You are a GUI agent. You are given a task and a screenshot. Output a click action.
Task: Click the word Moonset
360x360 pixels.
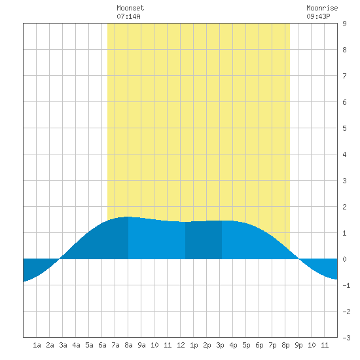point(130,8)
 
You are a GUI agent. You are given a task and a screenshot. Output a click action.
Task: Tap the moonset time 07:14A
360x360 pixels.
point(128,16)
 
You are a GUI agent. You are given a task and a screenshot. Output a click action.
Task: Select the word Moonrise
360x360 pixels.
point(322,8)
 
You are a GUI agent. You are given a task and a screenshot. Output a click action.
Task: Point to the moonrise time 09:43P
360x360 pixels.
point(318,16)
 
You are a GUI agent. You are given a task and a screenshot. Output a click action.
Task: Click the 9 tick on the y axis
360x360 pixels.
point(344,24)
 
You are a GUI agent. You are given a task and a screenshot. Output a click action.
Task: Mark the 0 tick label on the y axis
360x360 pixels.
point(344,259)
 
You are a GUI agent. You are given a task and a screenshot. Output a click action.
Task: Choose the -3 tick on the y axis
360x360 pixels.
point(346,338)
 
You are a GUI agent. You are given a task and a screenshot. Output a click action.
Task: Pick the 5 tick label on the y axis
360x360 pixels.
point(344,128)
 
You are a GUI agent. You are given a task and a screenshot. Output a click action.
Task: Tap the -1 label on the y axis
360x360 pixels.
point(346,285)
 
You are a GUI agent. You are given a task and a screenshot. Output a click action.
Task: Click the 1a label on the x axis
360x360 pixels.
point(37,345)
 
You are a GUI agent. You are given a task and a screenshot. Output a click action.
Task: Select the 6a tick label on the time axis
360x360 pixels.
point(102,345)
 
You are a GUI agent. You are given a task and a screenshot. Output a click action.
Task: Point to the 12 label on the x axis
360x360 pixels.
point(181,345)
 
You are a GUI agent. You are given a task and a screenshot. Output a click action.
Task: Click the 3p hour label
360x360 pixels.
point(220,345)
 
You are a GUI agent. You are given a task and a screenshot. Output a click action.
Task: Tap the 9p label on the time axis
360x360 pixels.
point(298,345)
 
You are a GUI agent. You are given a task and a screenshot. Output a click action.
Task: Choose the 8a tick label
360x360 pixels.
point(128,345)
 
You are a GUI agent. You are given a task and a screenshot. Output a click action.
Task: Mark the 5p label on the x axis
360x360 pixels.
point(246,345)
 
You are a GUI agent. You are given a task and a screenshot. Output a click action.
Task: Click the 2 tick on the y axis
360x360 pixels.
point(344,207)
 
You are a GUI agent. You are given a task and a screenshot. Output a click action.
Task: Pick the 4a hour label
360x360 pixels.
point(76,345)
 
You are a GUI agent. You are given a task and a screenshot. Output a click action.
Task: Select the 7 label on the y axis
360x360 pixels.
point(344,76)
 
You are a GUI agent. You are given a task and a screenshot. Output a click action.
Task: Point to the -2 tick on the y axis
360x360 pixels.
point(346,312)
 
